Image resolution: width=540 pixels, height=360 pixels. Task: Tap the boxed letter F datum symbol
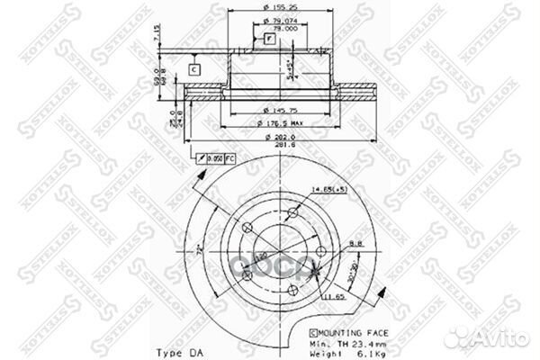(268, 39)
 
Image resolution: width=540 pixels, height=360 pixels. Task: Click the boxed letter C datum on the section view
(194, 68)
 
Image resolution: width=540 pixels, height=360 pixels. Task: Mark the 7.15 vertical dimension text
(157, 33)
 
